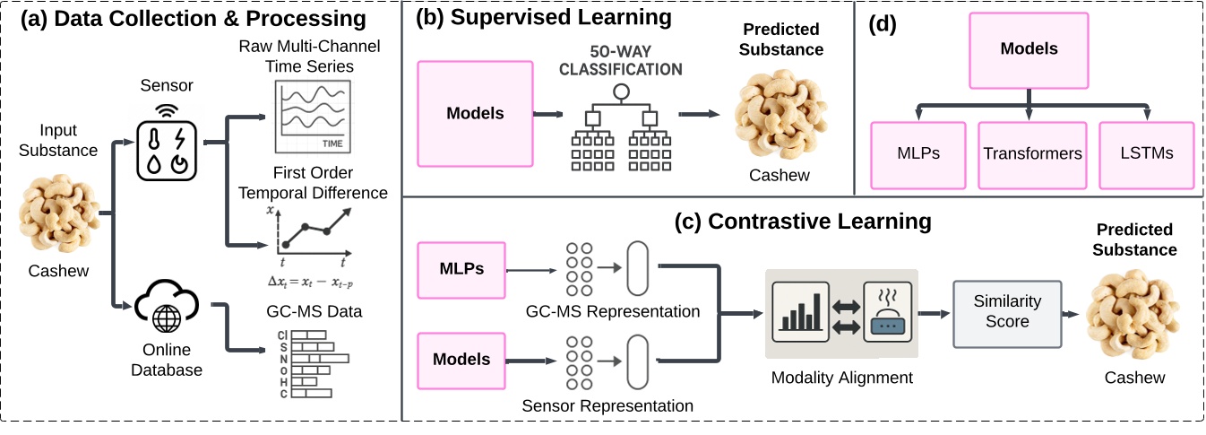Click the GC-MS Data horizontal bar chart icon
click(310, 363)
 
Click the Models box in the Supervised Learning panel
click(475, 114)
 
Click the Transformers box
click(1032, 154)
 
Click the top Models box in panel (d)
click(1028, 50)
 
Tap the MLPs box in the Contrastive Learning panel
click(461, 269)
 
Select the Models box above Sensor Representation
click(461, 360)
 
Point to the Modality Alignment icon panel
click(841, 305)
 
